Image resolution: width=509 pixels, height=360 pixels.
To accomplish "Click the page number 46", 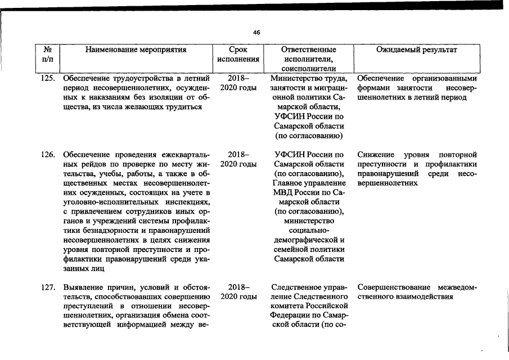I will (x=256, y=33).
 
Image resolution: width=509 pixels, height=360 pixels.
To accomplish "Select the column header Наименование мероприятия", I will (x=136, y=49).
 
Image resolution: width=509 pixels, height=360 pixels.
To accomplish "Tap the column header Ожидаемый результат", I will (x=417, y=49).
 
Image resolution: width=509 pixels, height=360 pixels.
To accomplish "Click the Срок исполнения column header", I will (x=238, y=54).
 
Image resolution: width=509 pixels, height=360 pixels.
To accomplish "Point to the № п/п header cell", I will (x=48, y=54).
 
